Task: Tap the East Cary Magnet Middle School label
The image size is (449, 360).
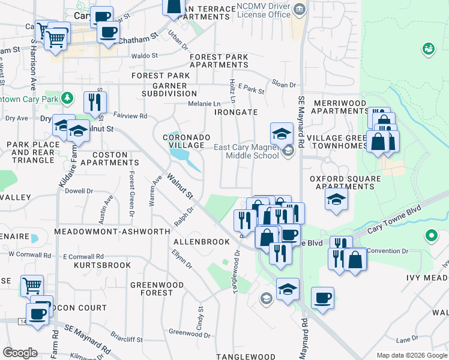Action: click(244, 151)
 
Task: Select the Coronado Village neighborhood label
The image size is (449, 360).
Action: click(187, 142)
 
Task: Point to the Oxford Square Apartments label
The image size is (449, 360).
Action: click(345, 182)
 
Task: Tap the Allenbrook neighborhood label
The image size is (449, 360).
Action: click(201, 242)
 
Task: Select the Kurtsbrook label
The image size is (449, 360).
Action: click(102, 265)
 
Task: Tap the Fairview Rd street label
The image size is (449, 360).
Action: click(130, 116)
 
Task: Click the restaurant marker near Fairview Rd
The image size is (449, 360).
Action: click(95, 102)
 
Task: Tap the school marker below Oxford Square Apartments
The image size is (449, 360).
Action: click(336, 200)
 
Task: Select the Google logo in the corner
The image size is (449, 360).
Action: click(20, 353)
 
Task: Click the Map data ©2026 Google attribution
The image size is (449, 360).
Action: click(411, 355)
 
